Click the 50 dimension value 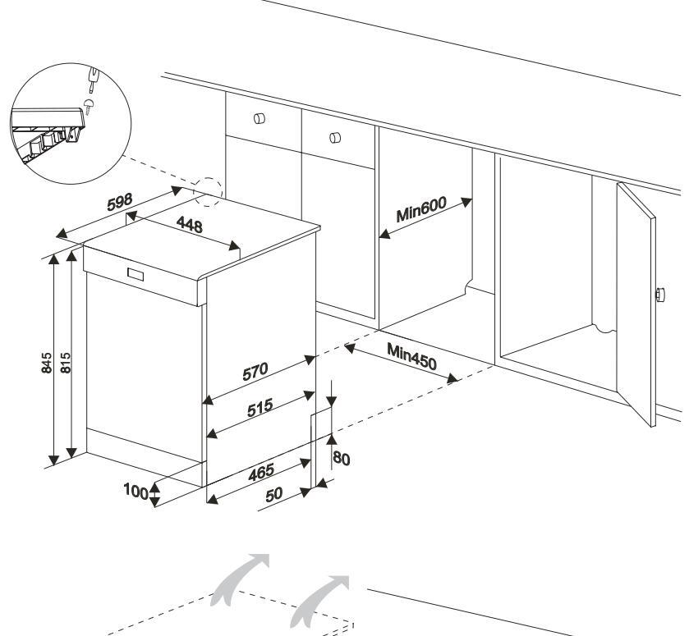[273, 493]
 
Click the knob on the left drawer [260, 117]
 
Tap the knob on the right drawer [334, 136]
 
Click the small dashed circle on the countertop [208, 189]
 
